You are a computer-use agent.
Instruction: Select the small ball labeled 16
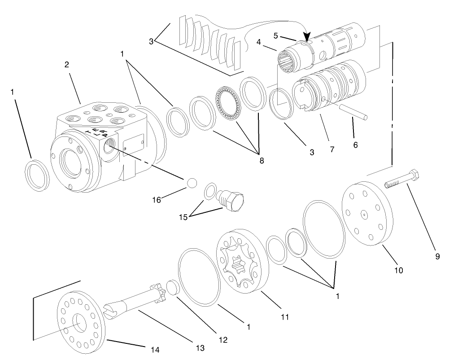(192, 184)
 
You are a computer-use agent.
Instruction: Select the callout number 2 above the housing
(66, 64)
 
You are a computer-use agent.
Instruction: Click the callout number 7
(332, 149)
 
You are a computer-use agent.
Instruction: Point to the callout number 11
(284, 317)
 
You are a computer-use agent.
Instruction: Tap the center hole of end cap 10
(365, 215)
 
